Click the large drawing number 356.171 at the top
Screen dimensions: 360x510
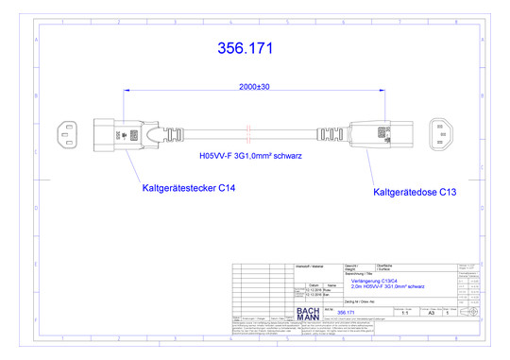[248, 48]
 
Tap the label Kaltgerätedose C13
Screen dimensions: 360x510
[416, 192]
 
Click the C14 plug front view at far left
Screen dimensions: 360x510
[69, 134]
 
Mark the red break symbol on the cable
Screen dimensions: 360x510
[247, 131]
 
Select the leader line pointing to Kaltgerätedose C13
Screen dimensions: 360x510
[376, 169]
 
